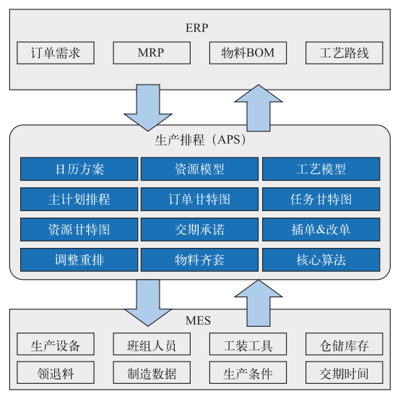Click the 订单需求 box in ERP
point(55,53)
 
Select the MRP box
point(150,53)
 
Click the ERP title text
point(197,28)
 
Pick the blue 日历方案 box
point(79,169)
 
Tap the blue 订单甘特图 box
point(199,199)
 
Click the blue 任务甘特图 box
point(321,199)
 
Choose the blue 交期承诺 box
point(199,229)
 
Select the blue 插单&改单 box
point(321,229)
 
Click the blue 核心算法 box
point(321,260)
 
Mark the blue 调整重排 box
point(79,260)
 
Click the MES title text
point(197,319)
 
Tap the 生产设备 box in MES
point(55,345)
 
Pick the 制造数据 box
point(150,373)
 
